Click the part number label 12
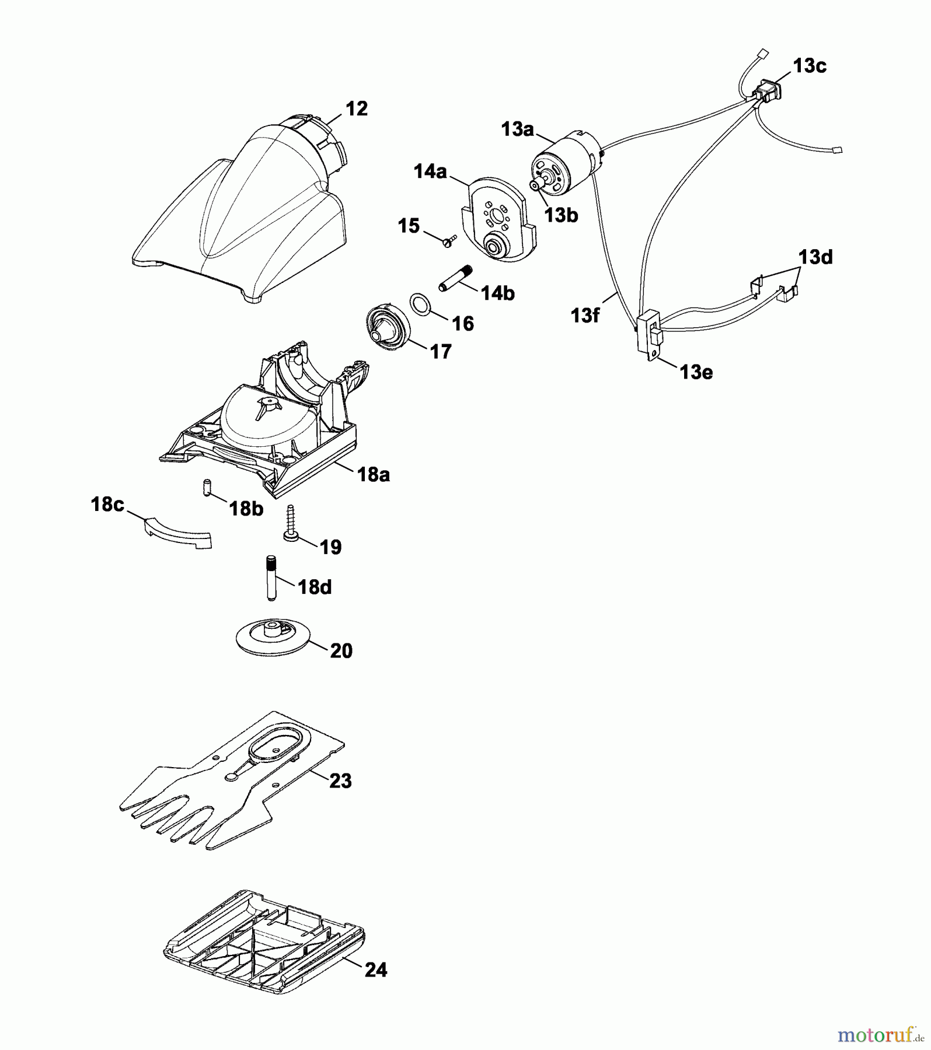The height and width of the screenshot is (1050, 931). tap(356, 108)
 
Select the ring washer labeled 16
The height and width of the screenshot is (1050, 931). tap(420, 304)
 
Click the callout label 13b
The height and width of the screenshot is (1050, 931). tap(561, 215)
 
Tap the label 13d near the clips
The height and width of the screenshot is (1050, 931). tap(815, 257)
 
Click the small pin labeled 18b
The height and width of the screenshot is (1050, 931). tap(206, 487)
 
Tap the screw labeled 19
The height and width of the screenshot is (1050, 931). tap(291, 525)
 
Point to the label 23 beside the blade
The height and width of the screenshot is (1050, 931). tap(340, 780)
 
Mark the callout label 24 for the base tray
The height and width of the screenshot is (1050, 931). tap(376, 970)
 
